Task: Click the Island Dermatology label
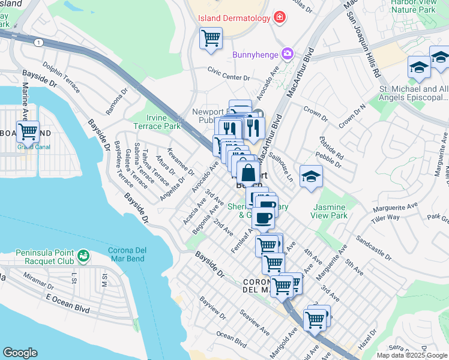coord(235,18)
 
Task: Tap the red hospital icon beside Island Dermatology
coord(279,17)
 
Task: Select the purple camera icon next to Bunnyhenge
coord(288,55)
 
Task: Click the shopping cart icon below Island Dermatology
coord(211,38)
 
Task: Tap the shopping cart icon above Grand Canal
coord(28,131)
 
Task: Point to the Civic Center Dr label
coord(228,77)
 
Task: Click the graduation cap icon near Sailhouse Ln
coord(311,176)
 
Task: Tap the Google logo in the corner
coord(20,353)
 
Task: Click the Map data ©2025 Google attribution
coord(412,355)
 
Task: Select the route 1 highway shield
coord(39,43)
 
